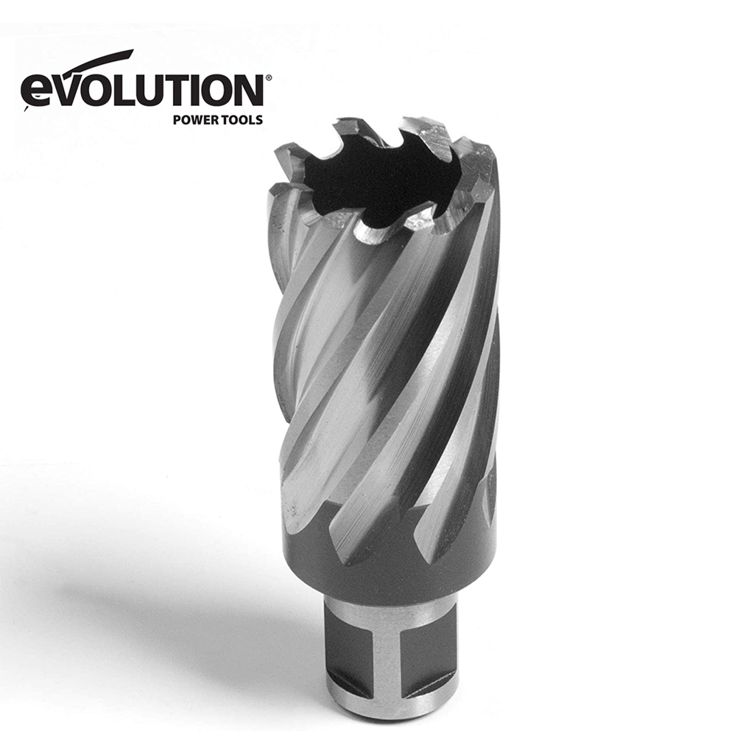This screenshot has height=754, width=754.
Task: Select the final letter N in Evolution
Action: pyautogui.click(x=249, y=90)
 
